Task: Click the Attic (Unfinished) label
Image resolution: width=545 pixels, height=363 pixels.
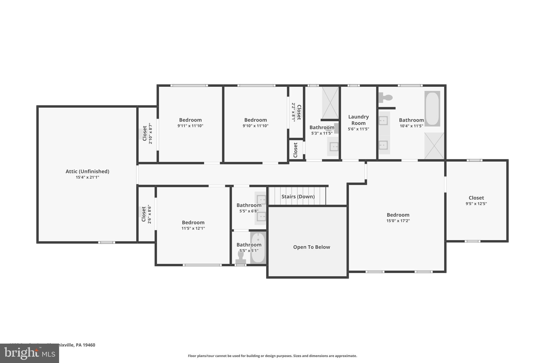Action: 87,171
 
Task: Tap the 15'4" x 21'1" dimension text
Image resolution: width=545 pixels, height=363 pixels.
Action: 87,177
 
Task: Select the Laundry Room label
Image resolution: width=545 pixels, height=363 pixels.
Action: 358,120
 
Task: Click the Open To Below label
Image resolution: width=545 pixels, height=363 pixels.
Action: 311,247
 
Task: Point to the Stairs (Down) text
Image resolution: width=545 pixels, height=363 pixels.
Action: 298,197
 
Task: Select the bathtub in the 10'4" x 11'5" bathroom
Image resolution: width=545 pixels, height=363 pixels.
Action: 432,109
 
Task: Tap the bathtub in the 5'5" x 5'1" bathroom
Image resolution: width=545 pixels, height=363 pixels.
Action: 258,248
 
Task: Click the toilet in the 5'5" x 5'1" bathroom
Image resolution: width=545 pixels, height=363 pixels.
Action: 241,257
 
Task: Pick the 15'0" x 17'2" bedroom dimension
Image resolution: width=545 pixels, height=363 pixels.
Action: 398,221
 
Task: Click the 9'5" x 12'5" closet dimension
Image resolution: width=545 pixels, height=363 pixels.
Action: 476,204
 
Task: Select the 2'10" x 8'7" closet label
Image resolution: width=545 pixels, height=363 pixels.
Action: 144,133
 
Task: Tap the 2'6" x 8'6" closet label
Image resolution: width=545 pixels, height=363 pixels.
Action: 144,214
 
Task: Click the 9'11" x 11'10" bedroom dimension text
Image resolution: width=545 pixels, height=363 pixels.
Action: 190,126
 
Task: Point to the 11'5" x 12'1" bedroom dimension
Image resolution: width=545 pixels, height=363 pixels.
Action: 193,228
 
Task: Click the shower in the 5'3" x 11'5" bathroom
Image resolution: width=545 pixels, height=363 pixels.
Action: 330,103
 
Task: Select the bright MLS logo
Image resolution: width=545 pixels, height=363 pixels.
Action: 29,353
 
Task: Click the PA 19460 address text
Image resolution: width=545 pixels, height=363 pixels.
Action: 85,345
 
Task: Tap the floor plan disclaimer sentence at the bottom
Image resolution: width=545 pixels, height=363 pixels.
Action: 272,356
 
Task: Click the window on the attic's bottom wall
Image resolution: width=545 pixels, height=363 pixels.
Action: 106,242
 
